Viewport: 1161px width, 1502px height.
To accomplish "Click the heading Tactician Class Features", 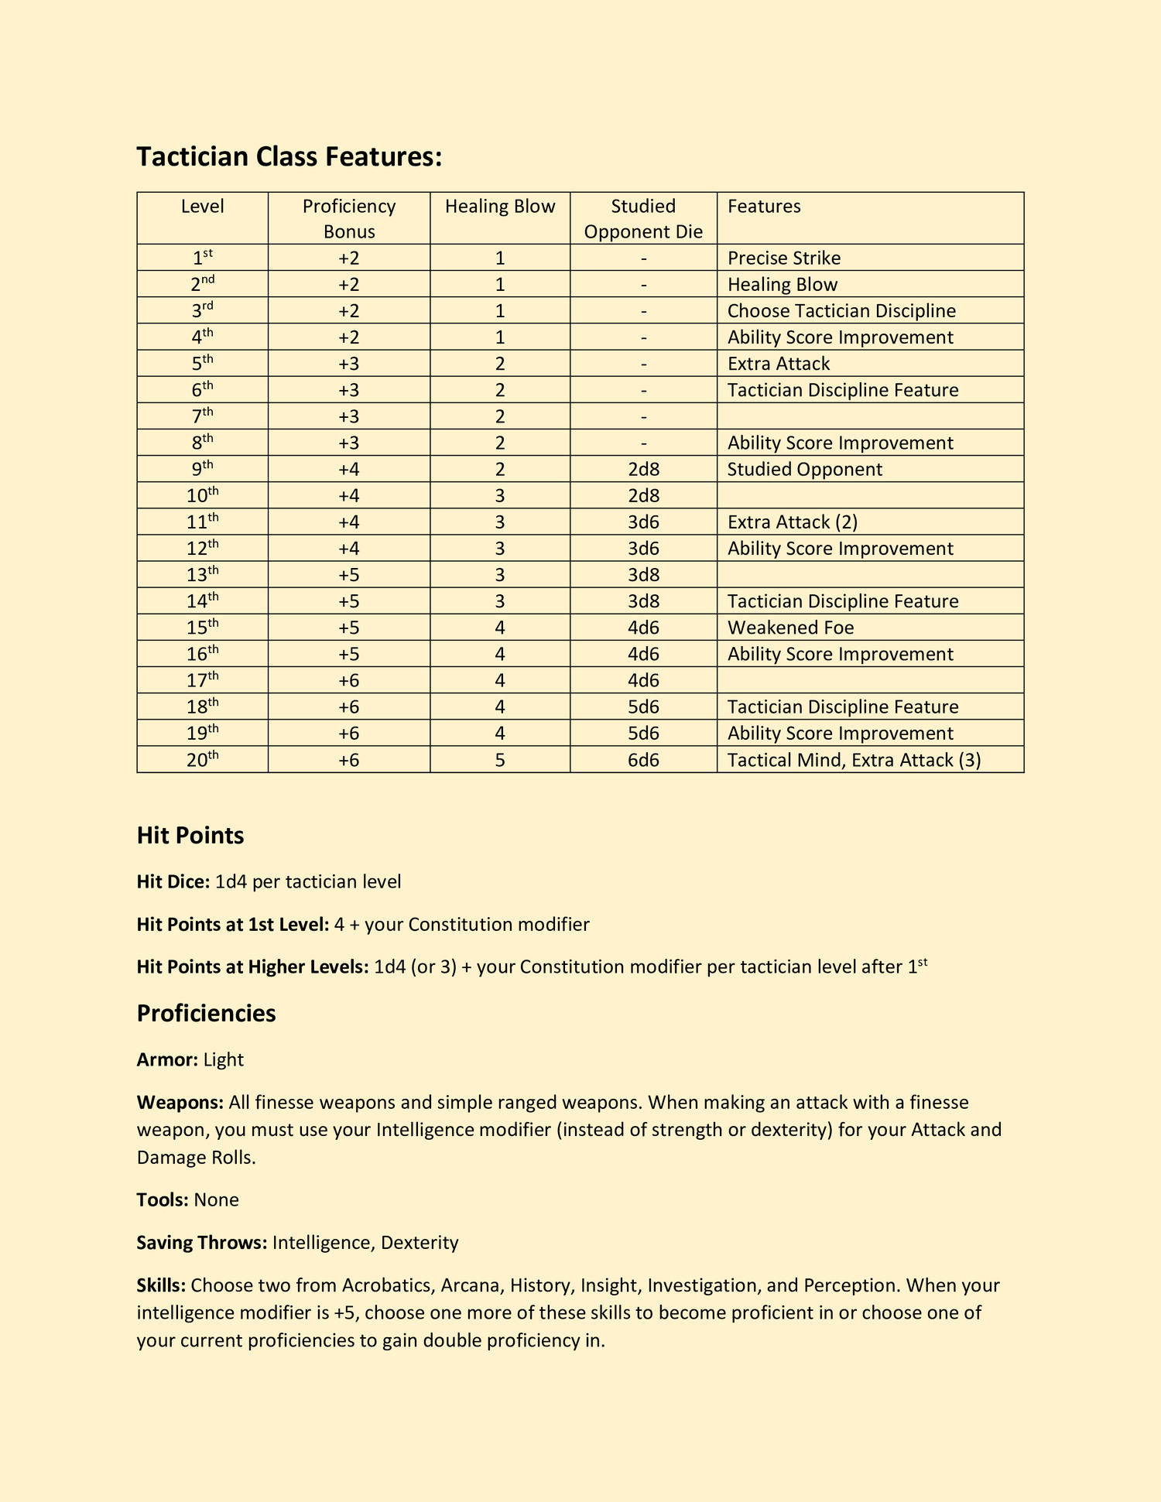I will tap(289, 157).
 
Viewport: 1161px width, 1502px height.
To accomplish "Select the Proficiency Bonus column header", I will tap(348, 218).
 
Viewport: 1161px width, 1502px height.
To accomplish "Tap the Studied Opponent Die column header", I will tap(643, 218).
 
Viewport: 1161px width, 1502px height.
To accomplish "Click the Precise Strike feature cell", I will tap(783, 258).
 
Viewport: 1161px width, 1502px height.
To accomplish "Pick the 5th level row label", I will tap(202, 364).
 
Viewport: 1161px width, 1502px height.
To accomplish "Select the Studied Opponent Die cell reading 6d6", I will tap(643, 760).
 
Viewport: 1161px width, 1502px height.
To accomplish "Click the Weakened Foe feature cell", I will tap(790, 628).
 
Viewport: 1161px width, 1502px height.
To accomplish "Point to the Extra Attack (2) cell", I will tap(792, 522).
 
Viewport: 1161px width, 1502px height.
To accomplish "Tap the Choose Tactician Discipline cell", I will tap(841, 311).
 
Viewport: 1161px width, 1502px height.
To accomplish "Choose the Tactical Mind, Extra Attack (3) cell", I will tap(854, 760).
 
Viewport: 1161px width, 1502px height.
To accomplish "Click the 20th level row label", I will tap(202, 760).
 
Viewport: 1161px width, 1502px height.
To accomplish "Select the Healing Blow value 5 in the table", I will tap(500, 760).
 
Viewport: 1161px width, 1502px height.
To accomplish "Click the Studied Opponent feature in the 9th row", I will tap(804, 470).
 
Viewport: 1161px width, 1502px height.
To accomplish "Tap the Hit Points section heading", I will tap(190, 836).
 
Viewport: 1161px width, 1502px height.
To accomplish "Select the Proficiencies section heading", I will tap(206, 1014).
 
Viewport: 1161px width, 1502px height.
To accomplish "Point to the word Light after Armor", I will tap(224, 1060).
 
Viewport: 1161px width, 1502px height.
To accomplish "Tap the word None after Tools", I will tap(216, 1200).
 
